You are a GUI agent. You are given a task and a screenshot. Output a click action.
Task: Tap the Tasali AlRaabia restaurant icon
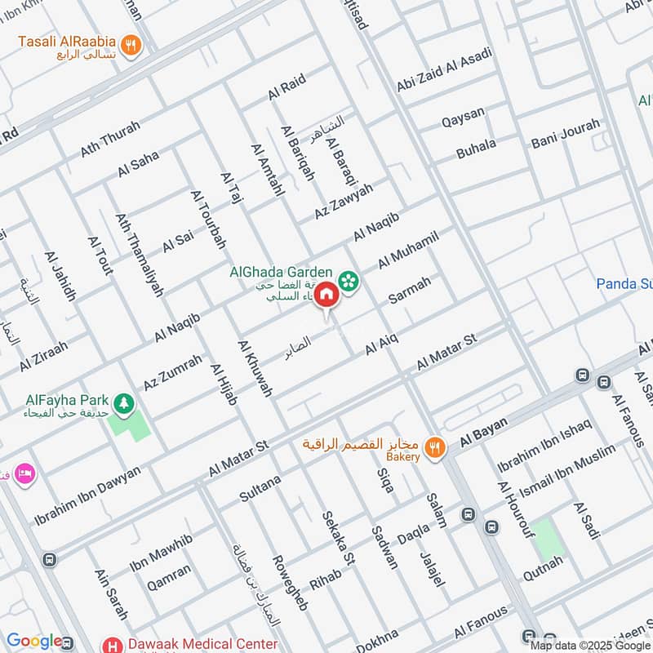pyautogui.click(x=130, y=44)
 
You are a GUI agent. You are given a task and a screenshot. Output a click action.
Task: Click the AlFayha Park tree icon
pyautogui.click(x=123, y=402)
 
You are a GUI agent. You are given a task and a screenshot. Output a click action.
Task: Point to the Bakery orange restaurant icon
pyautogui.click(x=436, y=446)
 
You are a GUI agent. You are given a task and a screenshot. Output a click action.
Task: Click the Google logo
pyautogui.click(x=34, y=642)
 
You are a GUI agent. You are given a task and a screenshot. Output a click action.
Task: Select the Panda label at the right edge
pyautogui.click(x=624, y=284)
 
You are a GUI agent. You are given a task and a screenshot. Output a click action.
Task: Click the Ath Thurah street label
pyautogui.click(x=110, y=140)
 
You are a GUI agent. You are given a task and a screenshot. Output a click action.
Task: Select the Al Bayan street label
pyautogui.click(x=483, y=431)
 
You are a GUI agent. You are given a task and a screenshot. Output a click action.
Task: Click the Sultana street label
pyautogui.click(x=260, y=488)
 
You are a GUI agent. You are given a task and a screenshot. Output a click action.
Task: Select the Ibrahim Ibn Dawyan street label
pyautogui.click(x=87, y=495)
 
